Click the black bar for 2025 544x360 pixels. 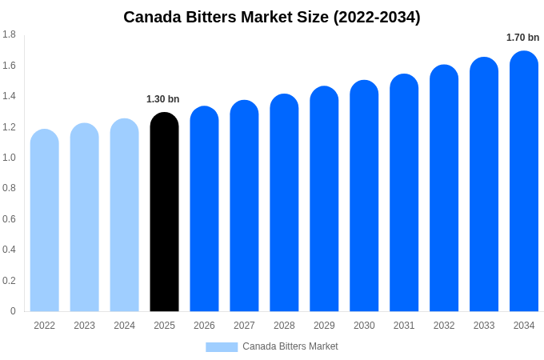click(x=164, y=212)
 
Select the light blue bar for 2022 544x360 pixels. click(x=45, y=220)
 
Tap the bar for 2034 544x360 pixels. click(x=524, y=181)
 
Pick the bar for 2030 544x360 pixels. click(x=364, y=196)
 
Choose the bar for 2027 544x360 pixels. click(x=244, y=206)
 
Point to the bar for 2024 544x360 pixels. click(x=125, y=215)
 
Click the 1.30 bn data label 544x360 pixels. click(x=163, y=99)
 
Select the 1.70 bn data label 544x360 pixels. click(x=522, y=38)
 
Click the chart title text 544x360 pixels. click(x=272, y=17)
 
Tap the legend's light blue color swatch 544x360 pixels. click(x=222, y=347)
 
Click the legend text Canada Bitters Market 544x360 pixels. click(x=290, y=346)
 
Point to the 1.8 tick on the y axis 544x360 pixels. click(x=9, y=34)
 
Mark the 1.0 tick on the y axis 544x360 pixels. click(x=9, y=158)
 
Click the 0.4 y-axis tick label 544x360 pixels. click(x=9, y=250)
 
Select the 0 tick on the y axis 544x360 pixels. click(x=13, y=311)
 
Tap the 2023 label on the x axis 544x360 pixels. click(x=85, y=326)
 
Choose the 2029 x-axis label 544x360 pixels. click(x=324, y=326)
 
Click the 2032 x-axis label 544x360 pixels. click(x=444, y=326)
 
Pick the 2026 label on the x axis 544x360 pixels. click(x=204, y=326)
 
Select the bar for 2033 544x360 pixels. click(x=484, y=184)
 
